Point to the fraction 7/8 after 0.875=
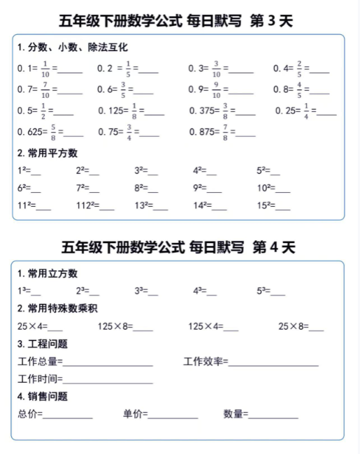(224, 132)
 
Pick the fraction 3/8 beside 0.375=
(225, 111)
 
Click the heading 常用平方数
(48, 153)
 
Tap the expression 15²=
(264, 205)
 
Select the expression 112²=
(87, 205)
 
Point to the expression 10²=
(264, 188)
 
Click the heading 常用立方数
(48, 273)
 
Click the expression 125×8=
(115, 326)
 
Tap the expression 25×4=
(31, 326)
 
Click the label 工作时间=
(40, 379)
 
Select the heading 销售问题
(43, 397)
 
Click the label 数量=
(236, 414)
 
